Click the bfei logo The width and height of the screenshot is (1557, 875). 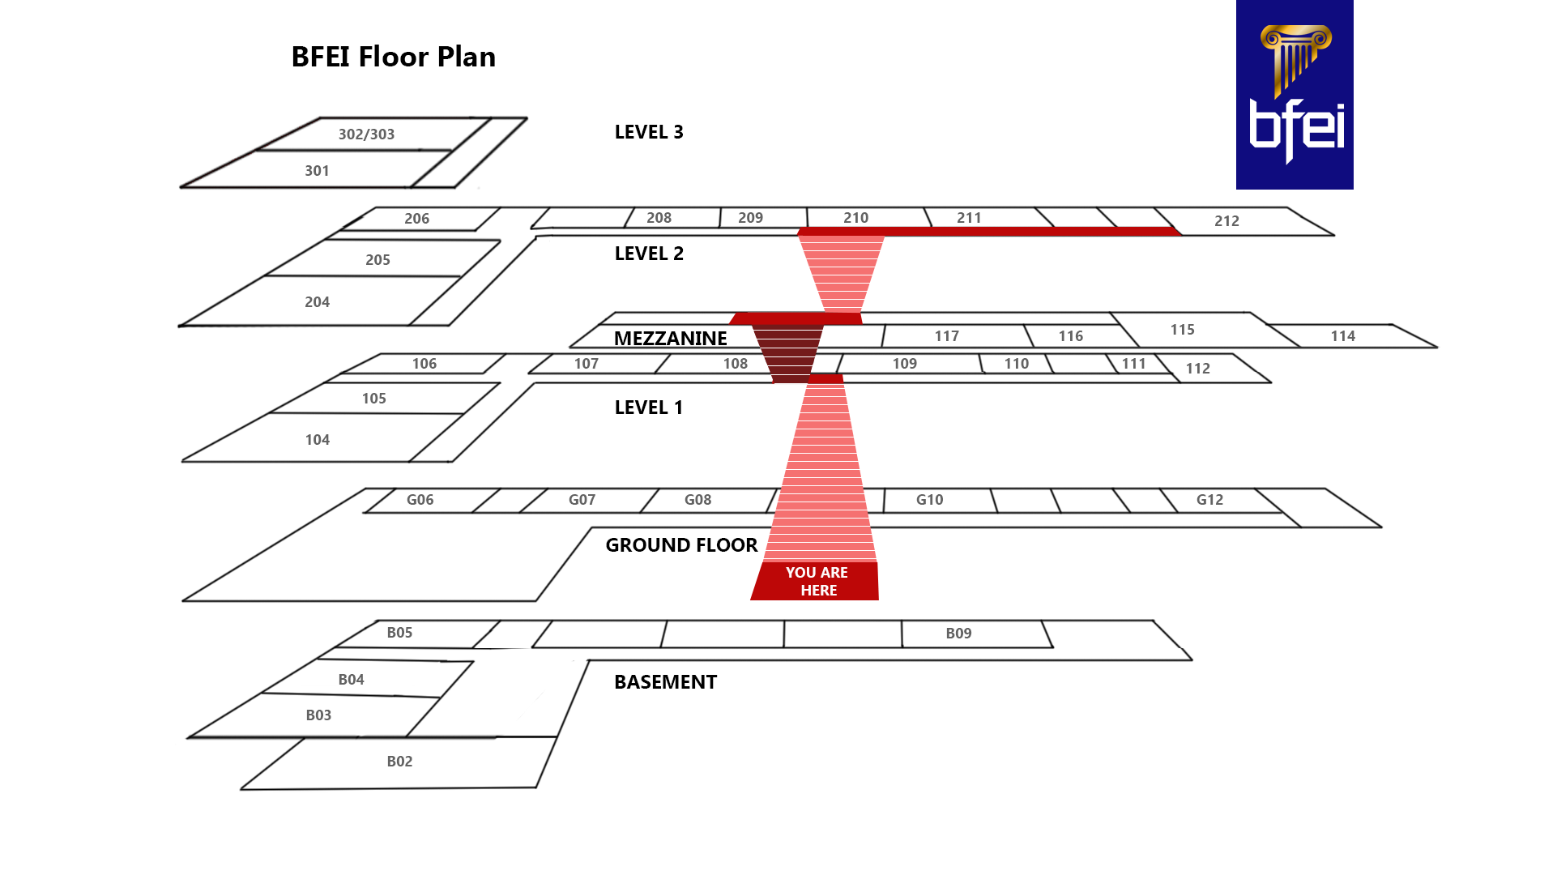1294,95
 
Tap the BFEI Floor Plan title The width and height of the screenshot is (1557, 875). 393,57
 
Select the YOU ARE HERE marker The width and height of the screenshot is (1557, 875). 816,581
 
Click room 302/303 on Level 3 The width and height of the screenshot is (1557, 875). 366,134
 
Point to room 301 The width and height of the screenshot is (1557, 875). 317,171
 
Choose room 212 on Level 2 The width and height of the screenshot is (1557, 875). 1226,221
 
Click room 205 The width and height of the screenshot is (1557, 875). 378,260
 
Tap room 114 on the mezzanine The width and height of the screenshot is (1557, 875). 1342,336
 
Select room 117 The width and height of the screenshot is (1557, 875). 946,336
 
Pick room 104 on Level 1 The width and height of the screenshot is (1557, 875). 317,440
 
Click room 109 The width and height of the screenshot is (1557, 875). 904,364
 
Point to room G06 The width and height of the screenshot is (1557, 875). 420,500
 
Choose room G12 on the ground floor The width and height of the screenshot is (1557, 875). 1209,500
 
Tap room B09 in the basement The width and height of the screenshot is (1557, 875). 958,634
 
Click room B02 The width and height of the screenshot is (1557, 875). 399,762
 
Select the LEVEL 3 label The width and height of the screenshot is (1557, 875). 649,132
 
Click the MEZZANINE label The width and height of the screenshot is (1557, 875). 670,339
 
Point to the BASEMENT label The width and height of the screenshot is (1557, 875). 665,682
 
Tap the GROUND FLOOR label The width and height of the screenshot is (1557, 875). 681,545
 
